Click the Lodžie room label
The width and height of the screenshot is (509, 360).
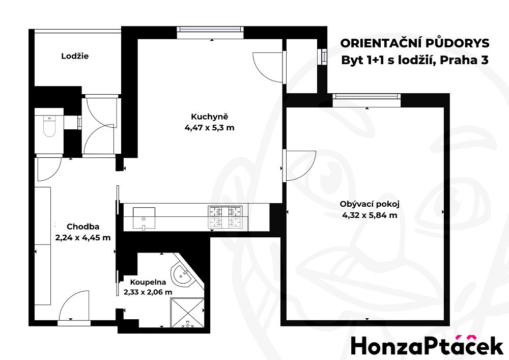(75, 56)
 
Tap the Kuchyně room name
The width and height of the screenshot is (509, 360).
(209, 117)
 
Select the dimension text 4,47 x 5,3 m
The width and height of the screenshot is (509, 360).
(209, 128)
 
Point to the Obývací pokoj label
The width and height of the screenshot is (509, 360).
(370, 204)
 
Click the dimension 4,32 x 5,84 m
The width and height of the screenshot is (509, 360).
(370, 215)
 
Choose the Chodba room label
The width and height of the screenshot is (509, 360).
(83, 227)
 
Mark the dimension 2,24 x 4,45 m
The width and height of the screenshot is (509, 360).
(83, 238)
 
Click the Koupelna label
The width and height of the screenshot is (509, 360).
(148, 283)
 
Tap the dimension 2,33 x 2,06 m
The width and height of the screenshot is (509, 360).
(148, 292)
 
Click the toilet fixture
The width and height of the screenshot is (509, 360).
(49, 127)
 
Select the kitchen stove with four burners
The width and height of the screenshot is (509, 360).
(225, 217)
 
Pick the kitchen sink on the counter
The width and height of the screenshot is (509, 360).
(144, 218)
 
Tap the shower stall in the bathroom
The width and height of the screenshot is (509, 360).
(187, 313)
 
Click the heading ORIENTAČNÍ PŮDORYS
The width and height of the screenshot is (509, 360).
(414, 43)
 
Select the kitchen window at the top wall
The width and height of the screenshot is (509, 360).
(210, 30)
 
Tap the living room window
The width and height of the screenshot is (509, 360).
(366, 96)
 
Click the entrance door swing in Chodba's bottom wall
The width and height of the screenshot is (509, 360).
(74, 305)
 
